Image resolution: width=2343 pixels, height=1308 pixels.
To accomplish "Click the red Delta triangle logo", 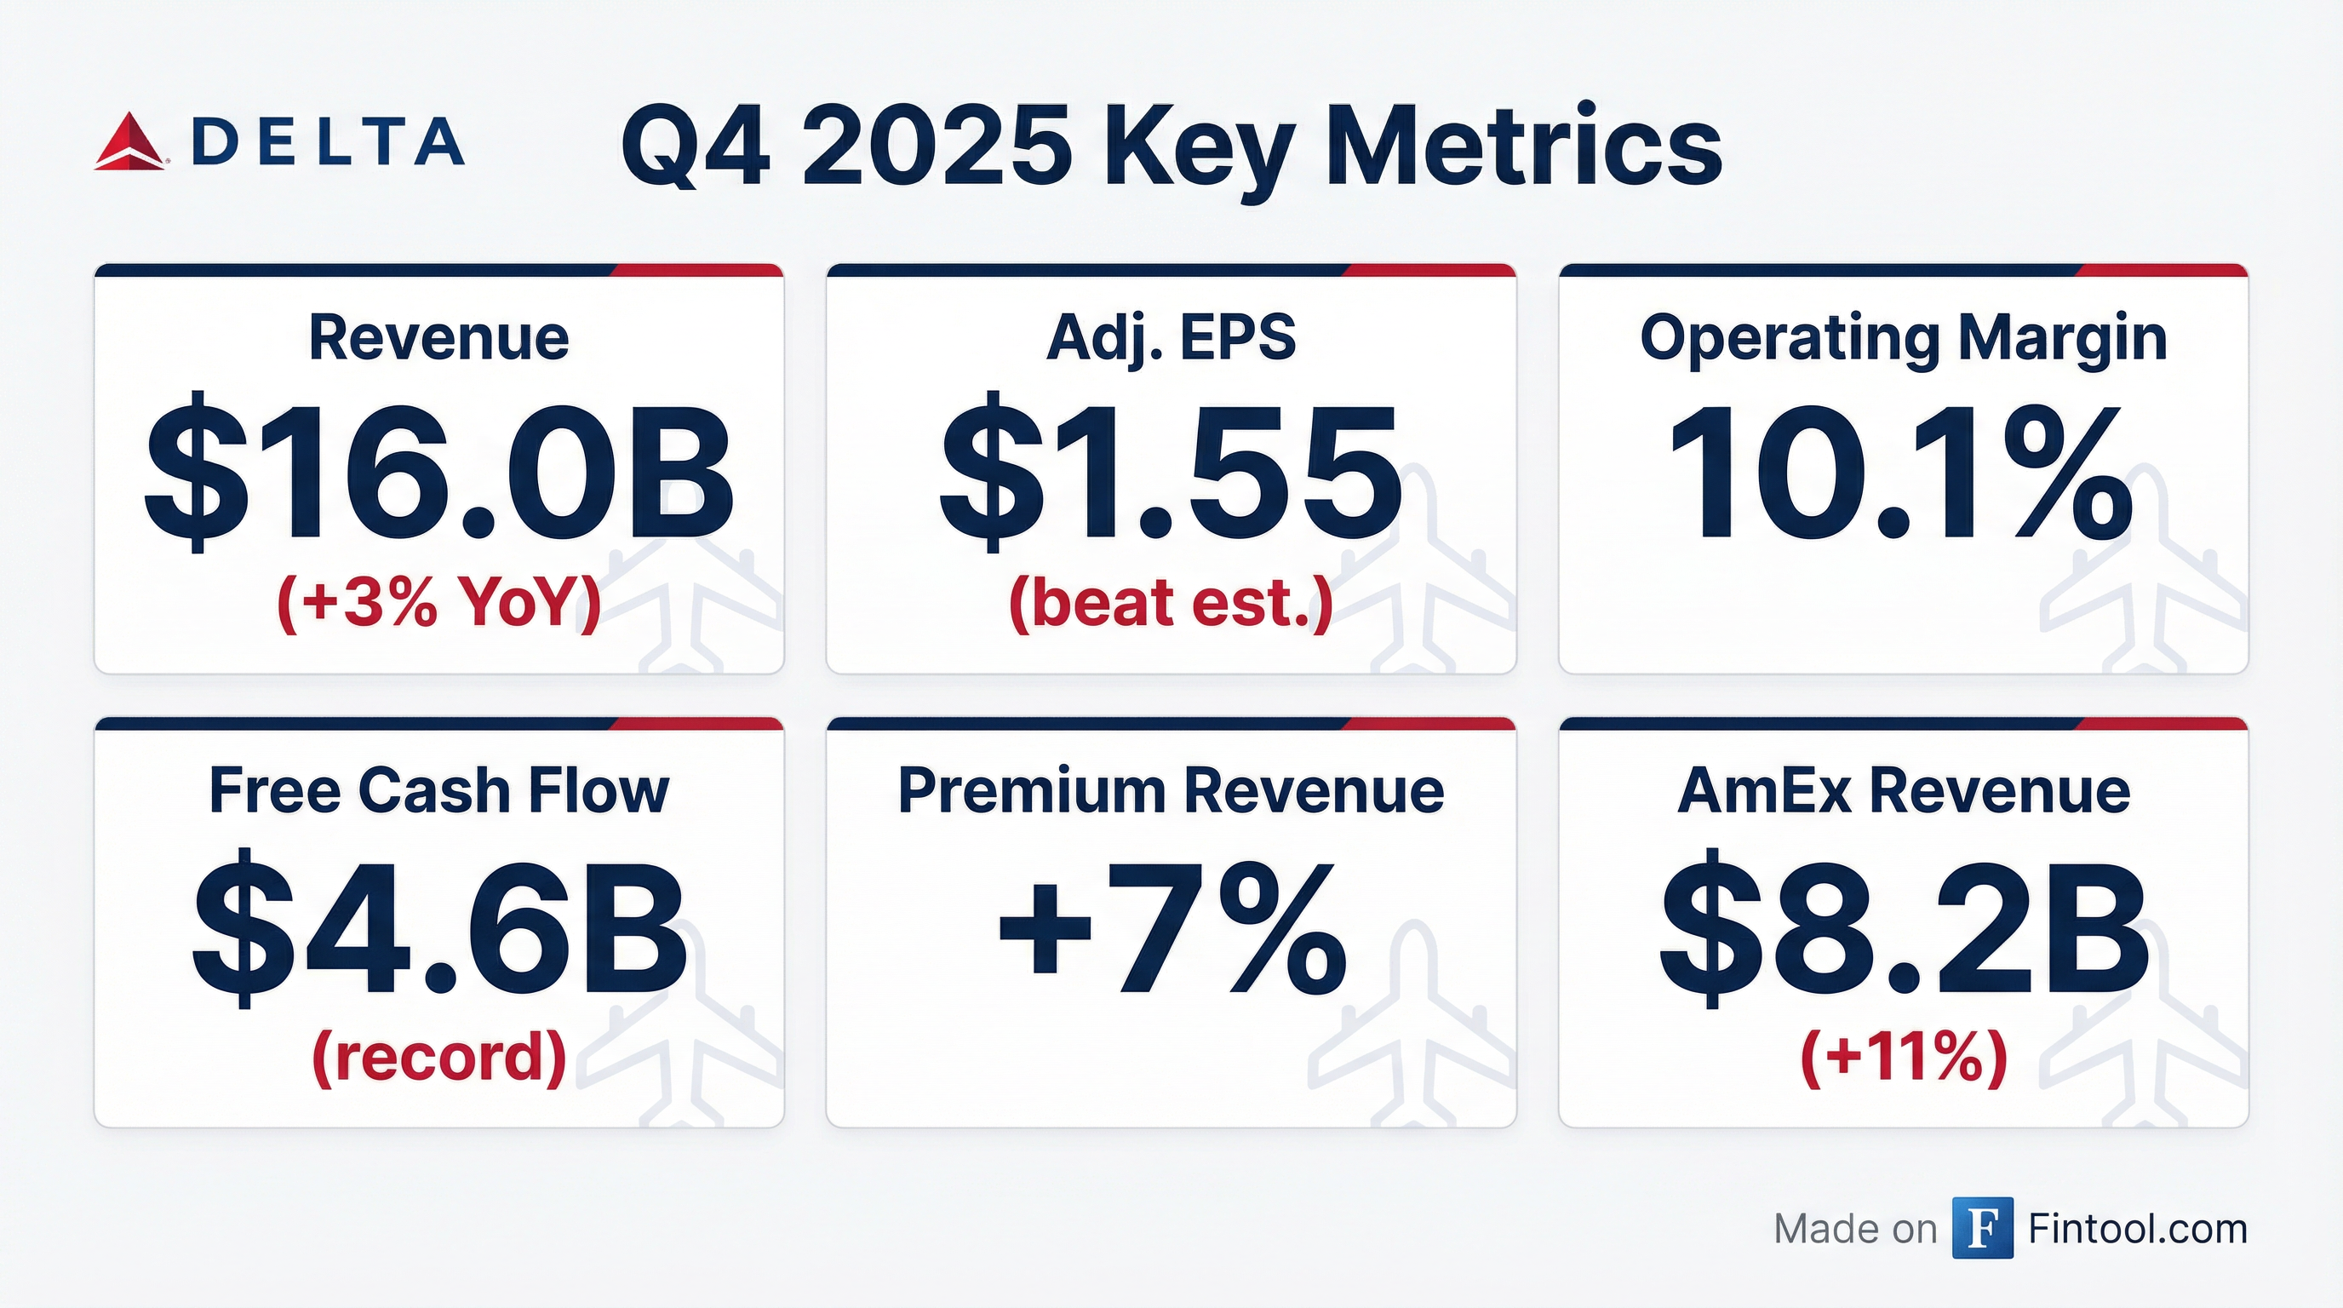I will pos(129,144).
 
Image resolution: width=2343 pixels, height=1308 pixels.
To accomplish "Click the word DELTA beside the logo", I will pos(329,142).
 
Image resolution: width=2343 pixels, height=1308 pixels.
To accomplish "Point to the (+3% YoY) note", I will pos(438,604).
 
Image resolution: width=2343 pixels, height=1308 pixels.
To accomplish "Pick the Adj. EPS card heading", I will pos(1171,338).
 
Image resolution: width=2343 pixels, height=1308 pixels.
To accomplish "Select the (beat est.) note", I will pos(1171,604).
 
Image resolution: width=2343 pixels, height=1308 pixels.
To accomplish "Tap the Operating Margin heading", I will pos(1903,338).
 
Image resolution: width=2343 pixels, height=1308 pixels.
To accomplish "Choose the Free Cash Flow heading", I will pos(438,789).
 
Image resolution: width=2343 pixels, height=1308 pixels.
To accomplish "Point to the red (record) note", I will pos(438,1057).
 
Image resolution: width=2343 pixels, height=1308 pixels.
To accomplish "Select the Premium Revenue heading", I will pos(1171,789).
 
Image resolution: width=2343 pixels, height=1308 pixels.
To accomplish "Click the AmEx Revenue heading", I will pos(1903,789).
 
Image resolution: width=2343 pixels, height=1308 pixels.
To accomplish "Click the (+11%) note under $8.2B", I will pos(1903,1057).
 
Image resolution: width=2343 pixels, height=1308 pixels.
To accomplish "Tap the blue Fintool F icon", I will pos(1982,1228).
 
